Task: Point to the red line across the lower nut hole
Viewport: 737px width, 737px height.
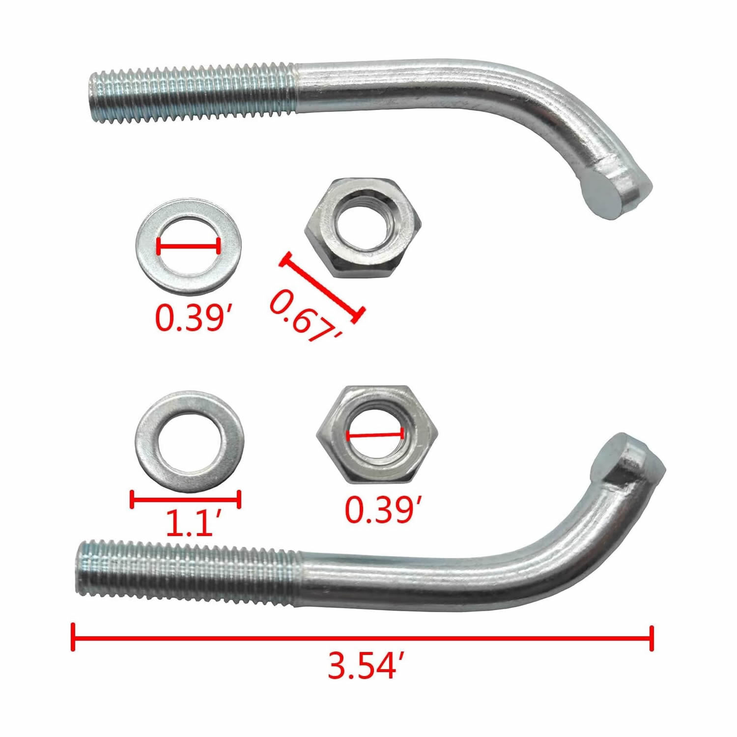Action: click(375, 434)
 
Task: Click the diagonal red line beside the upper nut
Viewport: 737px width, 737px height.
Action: click(322, 287)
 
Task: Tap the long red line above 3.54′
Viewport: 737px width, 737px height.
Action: click(363, 638)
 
